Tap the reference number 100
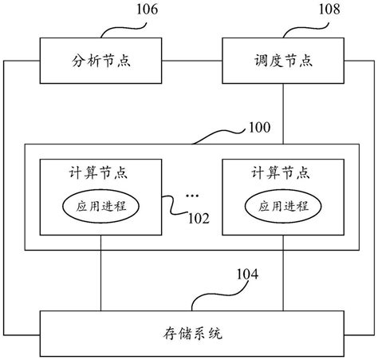[x=260, y=127]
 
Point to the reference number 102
[x=199, y=218]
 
